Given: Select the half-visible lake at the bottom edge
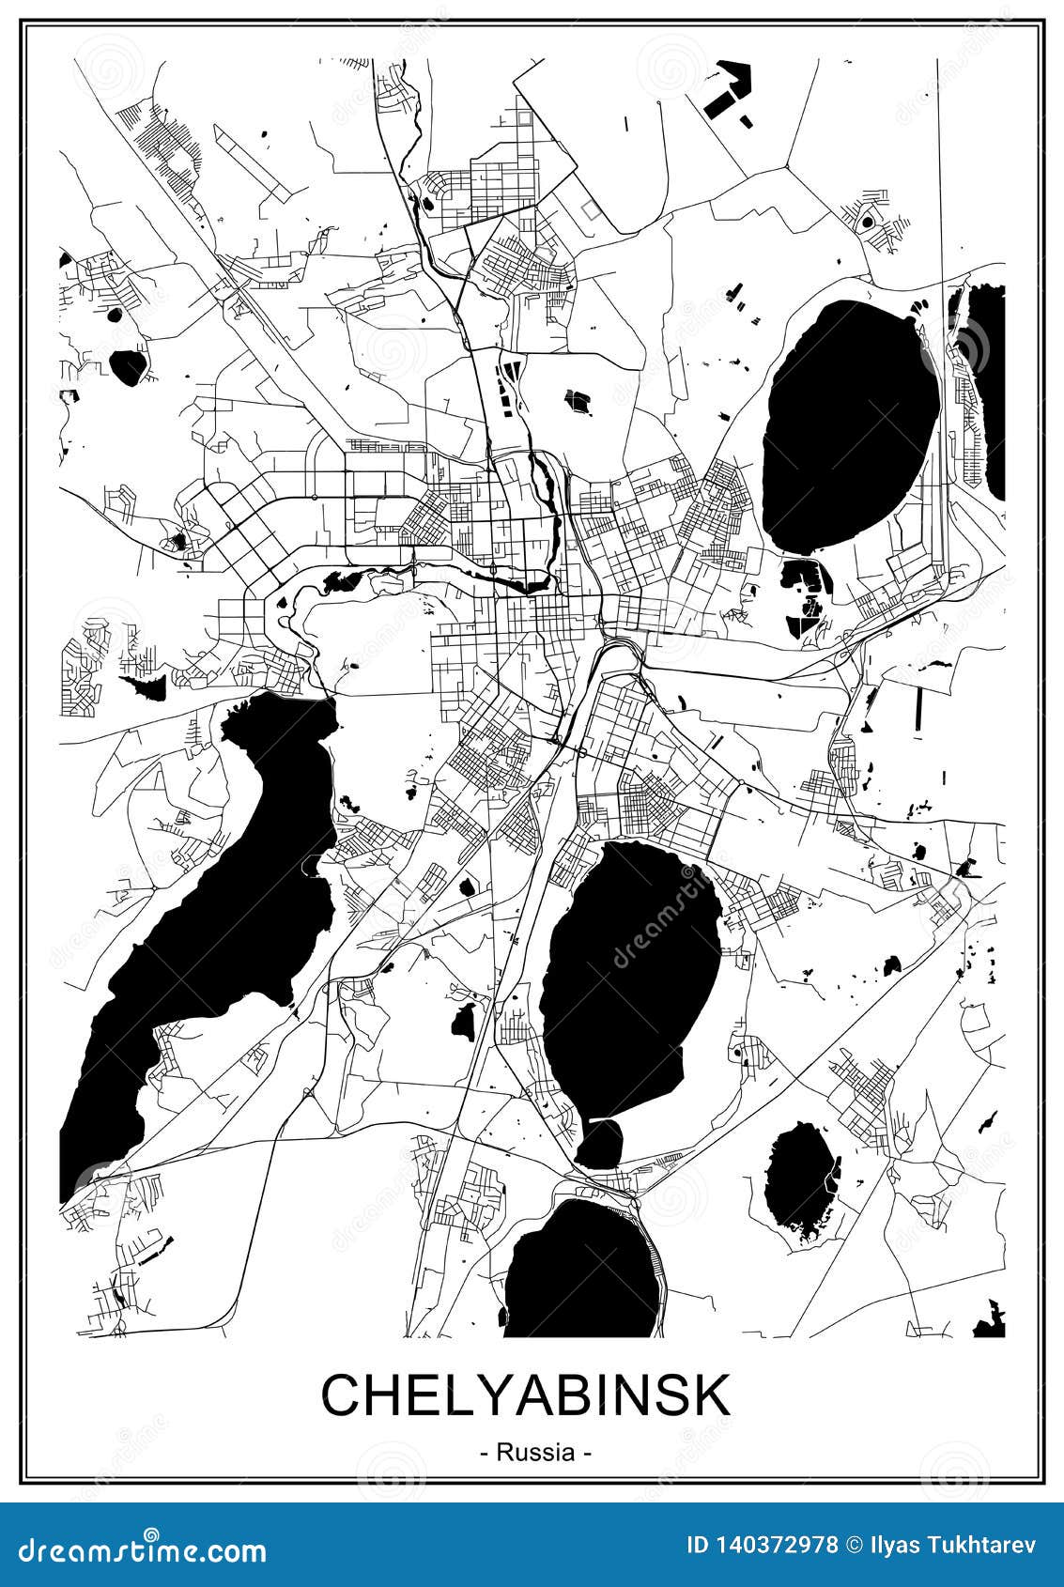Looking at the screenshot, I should coord(587,1268).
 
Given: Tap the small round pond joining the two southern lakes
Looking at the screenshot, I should coord(598,1143).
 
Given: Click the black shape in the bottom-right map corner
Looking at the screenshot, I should coord(991,1319).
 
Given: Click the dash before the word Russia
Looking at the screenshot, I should coord(484,1454).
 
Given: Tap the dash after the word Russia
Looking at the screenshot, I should coord(587,1454).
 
